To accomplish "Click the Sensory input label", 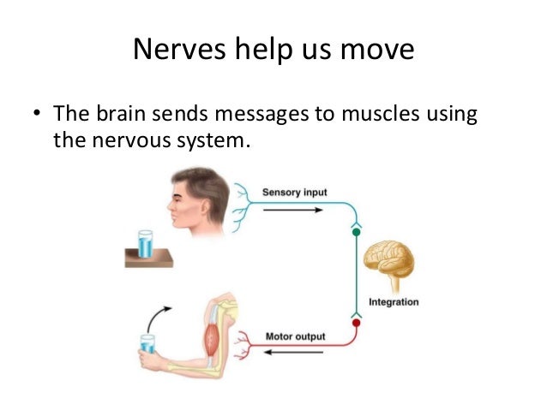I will click(x=294, y=192).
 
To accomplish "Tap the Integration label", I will click(x=394, y=301).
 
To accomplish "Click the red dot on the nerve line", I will click(x=356, y=324).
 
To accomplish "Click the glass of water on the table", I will click(x=145, y=242).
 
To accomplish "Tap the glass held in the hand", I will click(x=147, y=344).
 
